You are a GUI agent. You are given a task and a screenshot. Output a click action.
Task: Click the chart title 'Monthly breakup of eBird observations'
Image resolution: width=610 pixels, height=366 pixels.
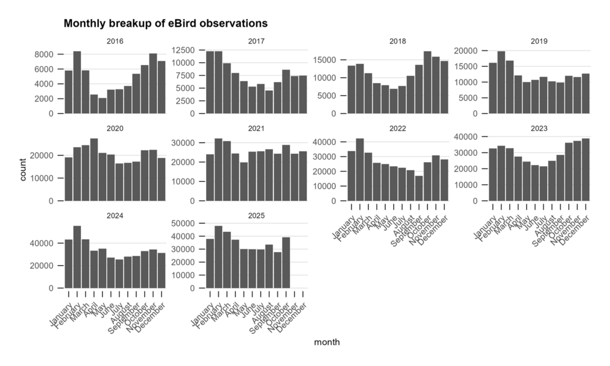click(166, 24)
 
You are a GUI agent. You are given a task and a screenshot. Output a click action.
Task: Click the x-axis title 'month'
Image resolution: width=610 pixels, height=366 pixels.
click(327, 342)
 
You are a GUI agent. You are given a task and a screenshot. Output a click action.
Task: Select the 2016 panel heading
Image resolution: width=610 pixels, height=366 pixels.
click(114, 42)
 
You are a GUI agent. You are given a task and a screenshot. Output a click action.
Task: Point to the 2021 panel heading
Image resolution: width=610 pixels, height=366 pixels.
click(256, 128)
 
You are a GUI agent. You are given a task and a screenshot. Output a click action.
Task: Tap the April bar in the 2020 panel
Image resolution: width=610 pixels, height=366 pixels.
click(94, 170)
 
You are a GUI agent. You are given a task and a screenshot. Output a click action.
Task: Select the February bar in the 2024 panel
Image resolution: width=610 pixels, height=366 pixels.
click(77, 257)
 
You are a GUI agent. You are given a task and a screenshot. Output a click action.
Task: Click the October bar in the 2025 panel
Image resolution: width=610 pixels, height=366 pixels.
click(286, 263)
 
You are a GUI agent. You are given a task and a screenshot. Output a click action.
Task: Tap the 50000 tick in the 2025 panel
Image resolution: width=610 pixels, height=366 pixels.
click(189, 223)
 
